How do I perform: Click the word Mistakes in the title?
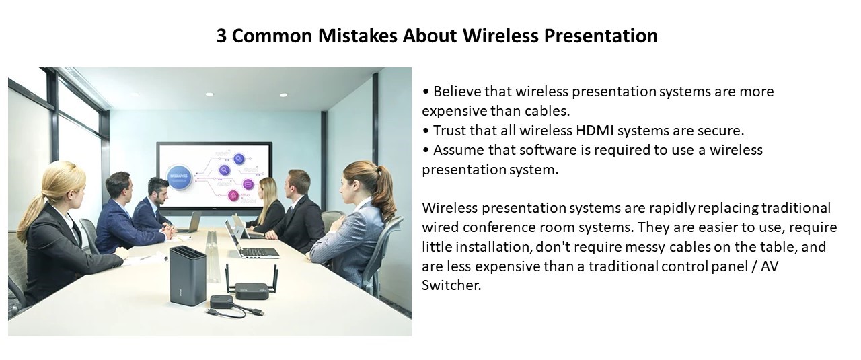357,36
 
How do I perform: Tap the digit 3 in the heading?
221,36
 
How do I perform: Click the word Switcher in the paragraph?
451,285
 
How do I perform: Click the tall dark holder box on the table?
188,275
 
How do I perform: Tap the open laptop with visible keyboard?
250,241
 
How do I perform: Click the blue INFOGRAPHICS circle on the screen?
179,176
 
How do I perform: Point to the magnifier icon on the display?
225,170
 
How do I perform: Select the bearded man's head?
158,190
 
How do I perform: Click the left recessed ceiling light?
209,94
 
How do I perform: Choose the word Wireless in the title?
501,36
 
